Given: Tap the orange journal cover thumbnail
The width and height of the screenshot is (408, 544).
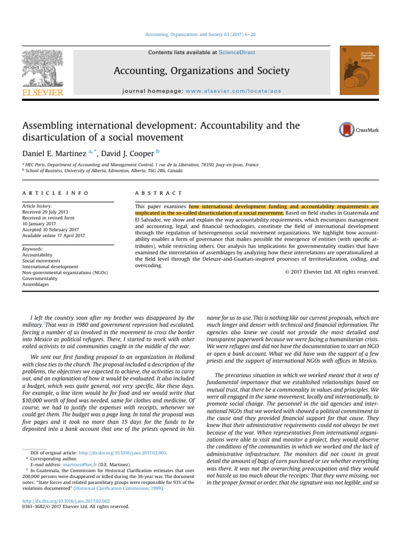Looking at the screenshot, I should pos(354,72).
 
